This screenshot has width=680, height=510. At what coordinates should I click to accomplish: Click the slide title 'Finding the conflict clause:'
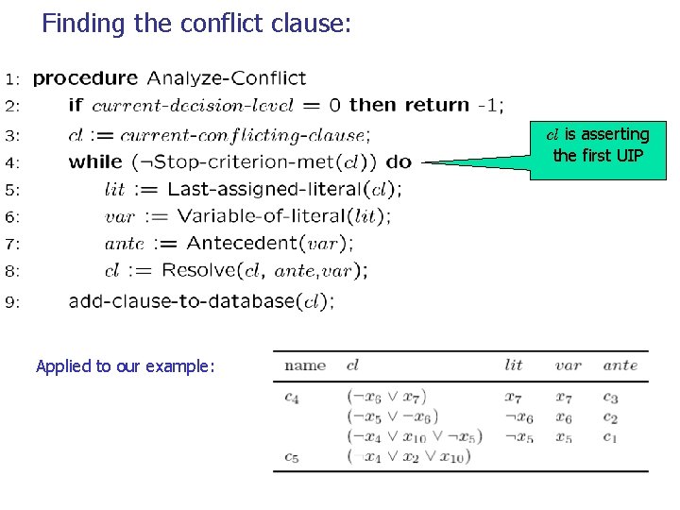pos(196,24)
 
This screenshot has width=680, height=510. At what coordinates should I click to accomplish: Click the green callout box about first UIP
pos(601,145)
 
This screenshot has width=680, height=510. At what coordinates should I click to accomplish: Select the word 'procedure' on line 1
pos(85,78)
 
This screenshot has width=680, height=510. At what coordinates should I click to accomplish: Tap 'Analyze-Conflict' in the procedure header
pos(227,78)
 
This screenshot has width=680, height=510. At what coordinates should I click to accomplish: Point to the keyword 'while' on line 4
pos(95,161)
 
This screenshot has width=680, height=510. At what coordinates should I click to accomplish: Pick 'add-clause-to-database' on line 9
pos(181,302)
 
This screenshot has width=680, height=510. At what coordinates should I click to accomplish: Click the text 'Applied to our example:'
pos(126,366)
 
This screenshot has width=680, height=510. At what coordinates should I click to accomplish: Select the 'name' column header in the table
pos(305,365)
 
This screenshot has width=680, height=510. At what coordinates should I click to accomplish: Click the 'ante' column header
pos(620,365)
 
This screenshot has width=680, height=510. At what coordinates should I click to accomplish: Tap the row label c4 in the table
pos(292,398)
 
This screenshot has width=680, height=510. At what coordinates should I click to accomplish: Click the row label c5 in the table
pos(292,457)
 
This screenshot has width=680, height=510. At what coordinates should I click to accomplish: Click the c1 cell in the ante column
pos(610,437)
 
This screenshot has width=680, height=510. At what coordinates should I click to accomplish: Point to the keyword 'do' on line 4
pos(399,161)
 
